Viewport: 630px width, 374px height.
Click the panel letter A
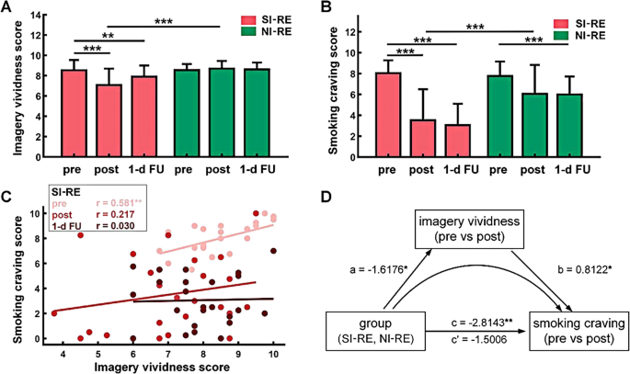pyautogui.click(x=7, y=9)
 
